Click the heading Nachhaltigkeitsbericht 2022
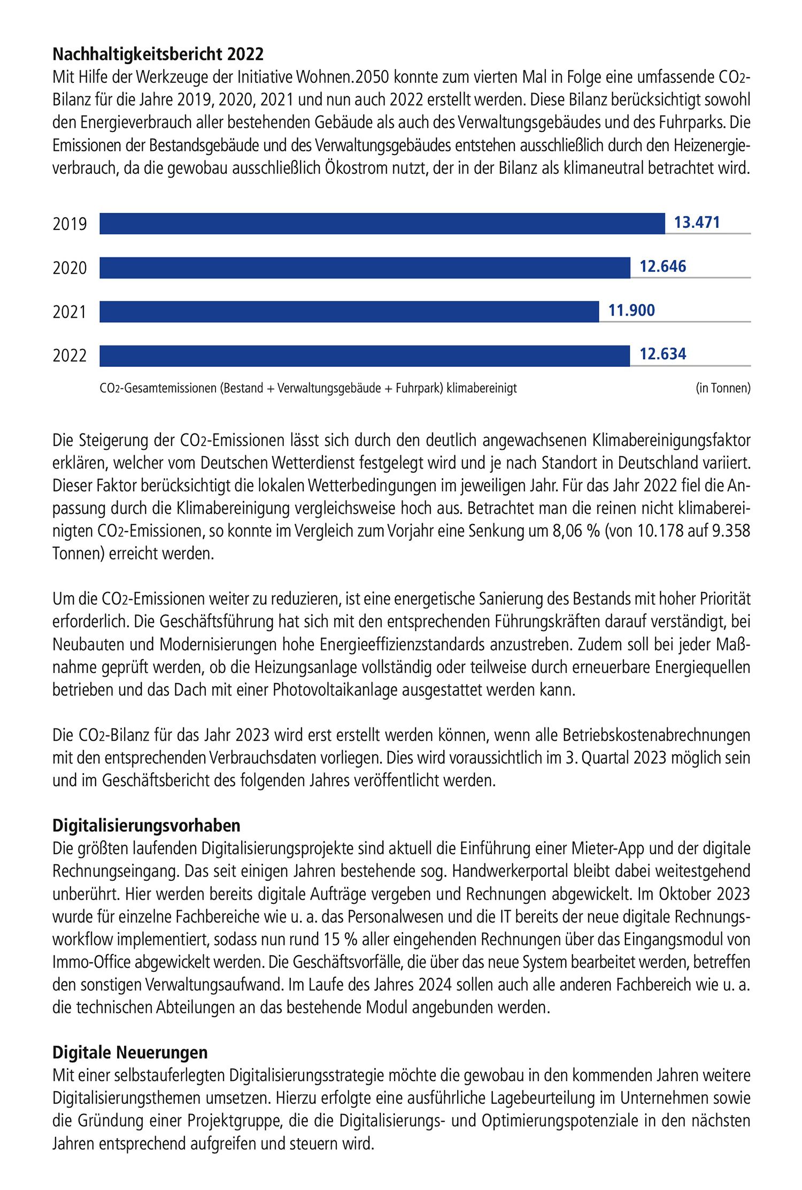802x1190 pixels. pos(158,55)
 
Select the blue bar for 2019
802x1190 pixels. pos(382,224)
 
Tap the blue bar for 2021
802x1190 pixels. pos(349,312)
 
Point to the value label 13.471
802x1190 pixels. pos(697,222)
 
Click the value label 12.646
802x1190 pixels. pos(662,266)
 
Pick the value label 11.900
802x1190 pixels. pos(631,310)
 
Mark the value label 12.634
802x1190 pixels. pos(662,354)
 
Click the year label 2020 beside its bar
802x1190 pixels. pos(70,267)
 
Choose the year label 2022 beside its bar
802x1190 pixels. pos(70,356)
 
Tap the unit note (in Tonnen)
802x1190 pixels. pos(723,388)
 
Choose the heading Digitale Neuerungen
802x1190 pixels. pos(130,1053)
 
